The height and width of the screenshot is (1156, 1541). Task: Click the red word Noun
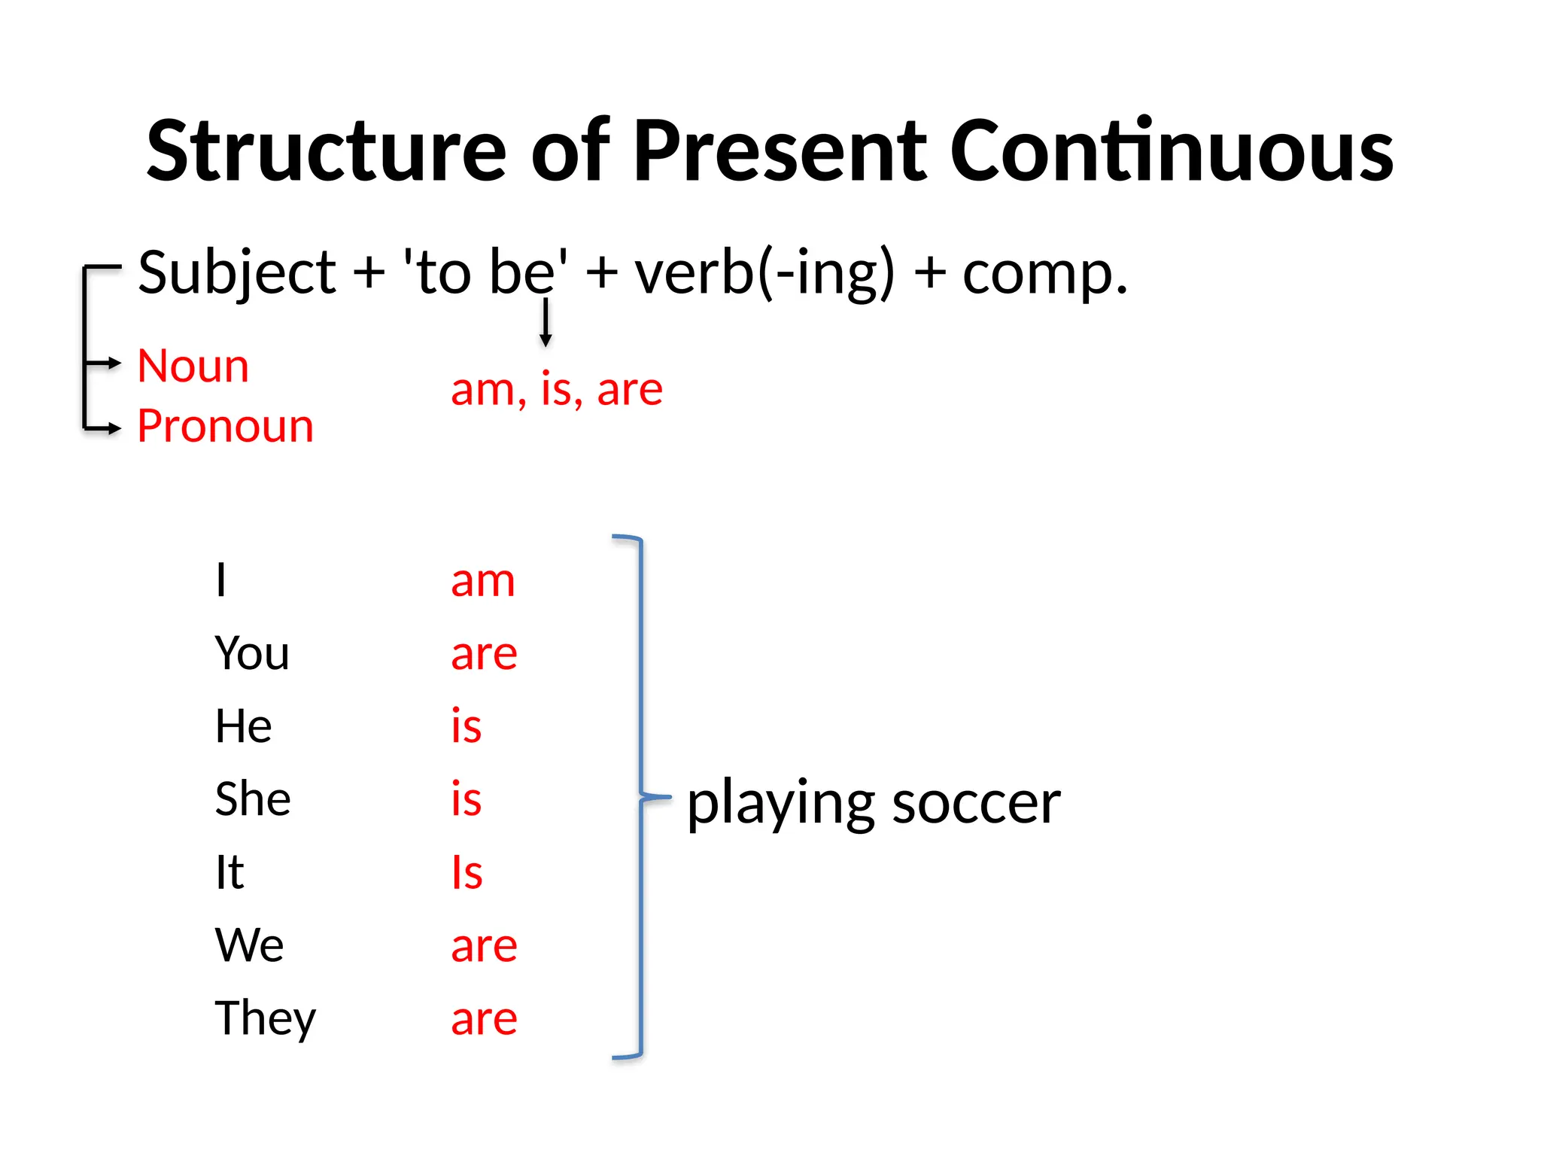coord(193,367)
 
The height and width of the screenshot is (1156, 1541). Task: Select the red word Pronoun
coord(225,427)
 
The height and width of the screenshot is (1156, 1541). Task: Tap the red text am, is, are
coord(556,390)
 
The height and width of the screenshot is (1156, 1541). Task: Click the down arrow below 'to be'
coord(546,324)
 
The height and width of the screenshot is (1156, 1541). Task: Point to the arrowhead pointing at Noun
coord(114,364)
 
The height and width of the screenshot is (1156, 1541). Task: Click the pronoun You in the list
coord(251,653)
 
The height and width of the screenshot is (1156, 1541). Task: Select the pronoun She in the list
coord(252,799)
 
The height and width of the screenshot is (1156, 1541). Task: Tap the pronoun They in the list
coord(265,1019)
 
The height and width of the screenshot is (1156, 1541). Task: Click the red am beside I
coord(482,582)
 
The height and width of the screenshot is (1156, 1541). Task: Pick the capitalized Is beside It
coord(467,872)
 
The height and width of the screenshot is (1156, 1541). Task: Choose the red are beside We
coord(484,946)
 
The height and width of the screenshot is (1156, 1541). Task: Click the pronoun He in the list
coord(242,726)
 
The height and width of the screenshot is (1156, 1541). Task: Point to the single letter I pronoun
coord(220,580)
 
